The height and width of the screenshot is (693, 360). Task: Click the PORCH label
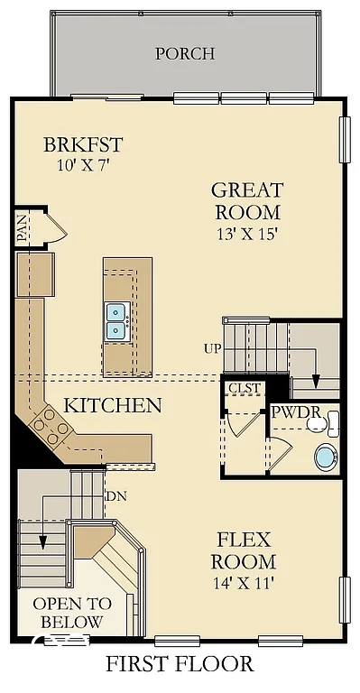coord(185,53)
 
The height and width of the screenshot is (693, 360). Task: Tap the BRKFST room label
coord(83,144)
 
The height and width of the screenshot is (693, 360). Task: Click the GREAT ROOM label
coord(247,201)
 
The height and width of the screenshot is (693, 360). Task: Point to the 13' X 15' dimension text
coord(246,234)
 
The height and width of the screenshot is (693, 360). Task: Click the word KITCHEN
coord(113,405)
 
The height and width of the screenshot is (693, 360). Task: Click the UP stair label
coord(213,347)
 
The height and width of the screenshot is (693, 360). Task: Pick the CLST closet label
coord(245,388)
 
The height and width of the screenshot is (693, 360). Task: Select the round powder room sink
coord(326,457)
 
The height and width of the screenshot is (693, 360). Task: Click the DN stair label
coord(116,496)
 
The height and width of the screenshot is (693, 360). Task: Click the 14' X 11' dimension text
coord(244,583)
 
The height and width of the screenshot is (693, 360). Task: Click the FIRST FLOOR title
coord(180,664)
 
